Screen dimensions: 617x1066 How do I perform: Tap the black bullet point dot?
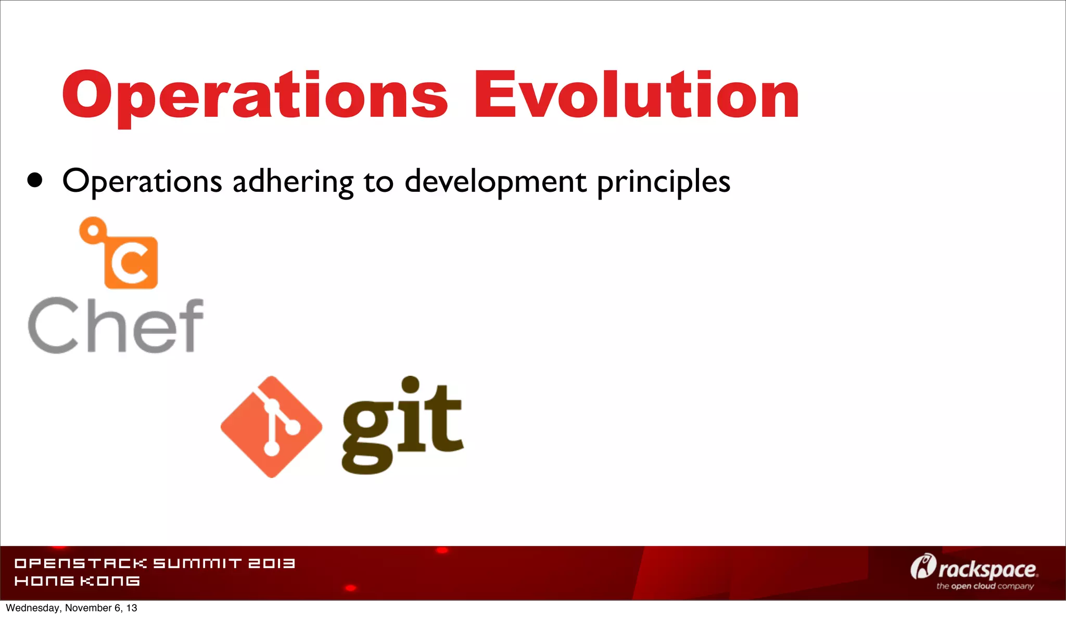click(35, 180)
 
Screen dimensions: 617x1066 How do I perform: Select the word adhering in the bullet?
click(293, 182)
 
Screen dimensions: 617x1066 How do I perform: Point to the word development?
click(496, 182)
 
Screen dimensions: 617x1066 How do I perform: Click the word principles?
click(664, 182)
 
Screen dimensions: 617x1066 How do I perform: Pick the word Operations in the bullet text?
click(142, 182)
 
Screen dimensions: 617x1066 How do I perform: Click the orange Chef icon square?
click(131, 262)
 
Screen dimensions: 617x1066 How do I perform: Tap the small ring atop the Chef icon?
click(93, 230)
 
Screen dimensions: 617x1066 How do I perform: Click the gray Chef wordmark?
click(116, 325)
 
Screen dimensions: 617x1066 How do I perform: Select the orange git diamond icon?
click(271, 427)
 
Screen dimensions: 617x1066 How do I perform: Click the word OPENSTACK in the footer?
click(81, 563)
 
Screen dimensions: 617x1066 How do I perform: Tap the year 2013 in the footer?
click(271, 563)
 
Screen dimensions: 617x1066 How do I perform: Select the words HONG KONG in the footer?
click(77, 581)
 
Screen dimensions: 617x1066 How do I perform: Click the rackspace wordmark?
click(987, 570)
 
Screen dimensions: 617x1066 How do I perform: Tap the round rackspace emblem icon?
click(923, 566)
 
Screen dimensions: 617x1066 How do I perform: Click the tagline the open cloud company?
click(985, 586)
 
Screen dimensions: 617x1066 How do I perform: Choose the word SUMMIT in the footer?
click(197, 563)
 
